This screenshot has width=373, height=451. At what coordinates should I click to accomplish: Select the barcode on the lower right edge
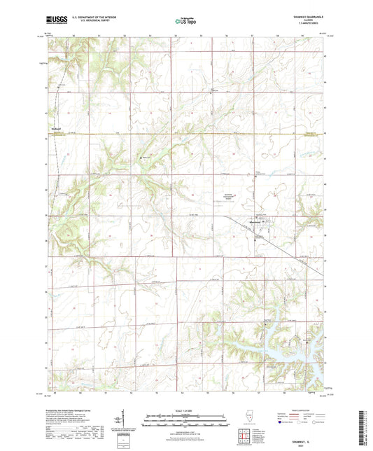tap(365, 419)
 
